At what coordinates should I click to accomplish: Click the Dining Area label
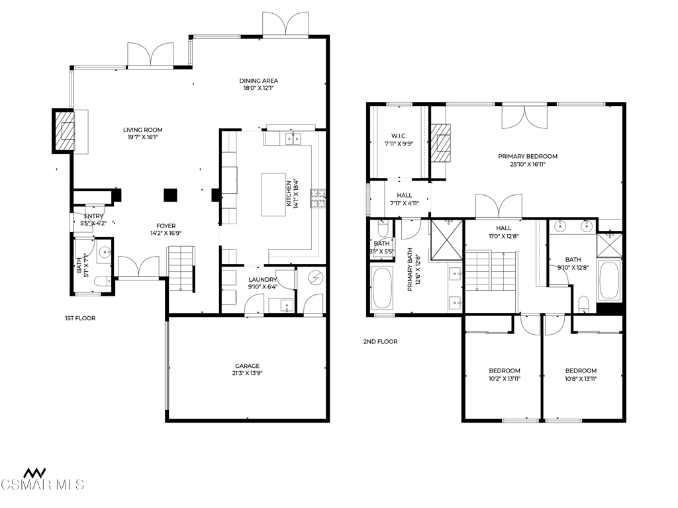tap(259, 81)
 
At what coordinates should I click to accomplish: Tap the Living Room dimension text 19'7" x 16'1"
tap(143, 138)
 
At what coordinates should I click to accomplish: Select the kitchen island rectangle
tap(273, 194)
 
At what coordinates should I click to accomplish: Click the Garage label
tap(248, 366)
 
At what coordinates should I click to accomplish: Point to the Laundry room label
tap(262, 280)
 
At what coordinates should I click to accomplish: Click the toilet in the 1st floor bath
tap(101, 282)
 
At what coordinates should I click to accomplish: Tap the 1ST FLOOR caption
tap(80, 318)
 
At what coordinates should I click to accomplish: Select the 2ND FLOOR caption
tap(380, 342)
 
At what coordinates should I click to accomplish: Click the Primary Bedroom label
tap(528, 156)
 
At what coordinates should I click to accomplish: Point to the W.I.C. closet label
tap(399, 136)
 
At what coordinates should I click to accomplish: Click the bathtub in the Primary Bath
tap(381, 288)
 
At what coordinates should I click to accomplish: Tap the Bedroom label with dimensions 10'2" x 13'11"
tap(504, 370)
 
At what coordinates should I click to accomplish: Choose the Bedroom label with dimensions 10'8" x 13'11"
tap(581, 370)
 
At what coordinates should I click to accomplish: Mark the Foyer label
tap(166, 226)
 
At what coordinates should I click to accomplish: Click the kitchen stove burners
tap(318, 198)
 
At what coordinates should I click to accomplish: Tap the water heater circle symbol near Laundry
tap(315, 278)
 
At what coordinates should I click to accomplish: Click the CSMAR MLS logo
tap(42, 480)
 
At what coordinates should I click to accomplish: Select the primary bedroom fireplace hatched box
tap(440, 143)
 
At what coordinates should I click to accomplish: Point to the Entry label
tap(93, 216)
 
